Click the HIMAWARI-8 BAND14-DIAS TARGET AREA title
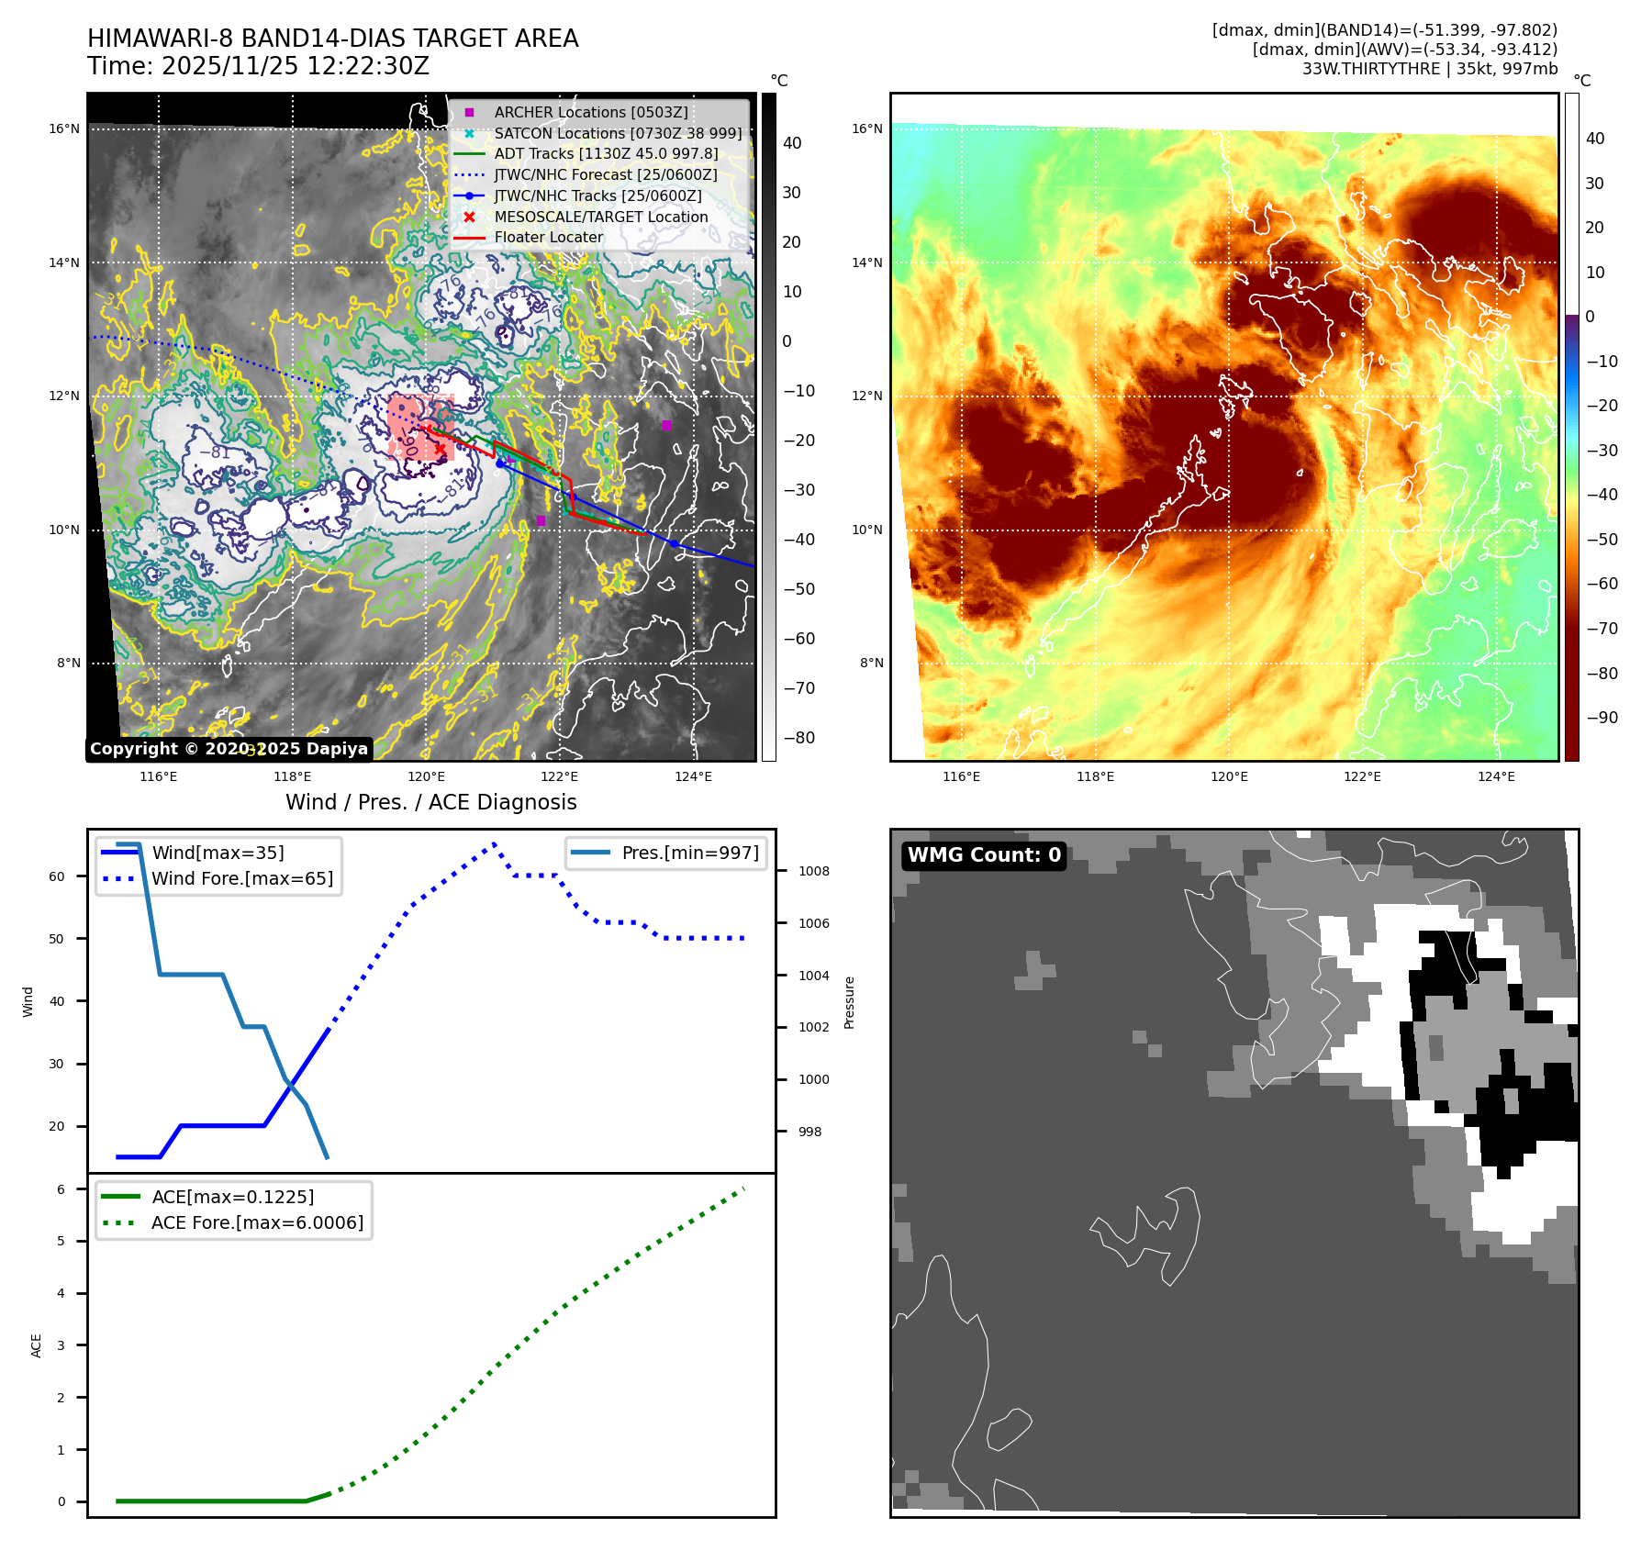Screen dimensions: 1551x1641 [x=332, y=39]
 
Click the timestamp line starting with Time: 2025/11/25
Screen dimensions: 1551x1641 [x=258, y=66]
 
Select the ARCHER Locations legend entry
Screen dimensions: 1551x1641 [x=590, y=112]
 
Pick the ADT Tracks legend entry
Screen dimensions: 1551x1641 [x=606, y=153]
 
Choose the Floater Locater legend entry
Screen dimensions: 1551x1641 [x=548, y=237]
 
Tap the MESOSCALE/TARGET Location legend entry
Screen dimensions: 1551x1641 [x=600, y=217]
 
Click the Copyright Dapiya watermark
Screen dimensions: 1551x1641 [x=229, y=749]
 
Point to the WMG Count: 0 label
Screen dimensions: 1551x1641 [x=983, y=855]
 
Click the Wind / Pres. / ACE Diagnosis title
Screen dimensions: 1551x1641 [x=430, y=802]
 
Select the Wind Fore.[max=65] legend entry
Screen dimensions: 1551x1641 [x=242, y=878]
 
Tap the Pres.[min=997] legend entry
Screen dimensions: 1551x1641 [x=689, y=853]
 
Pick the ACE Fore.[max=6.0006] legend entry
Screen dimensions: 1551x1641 [x=257, y=1222]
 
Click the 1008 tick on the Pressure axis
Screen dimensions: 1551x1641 [x=813, y=871]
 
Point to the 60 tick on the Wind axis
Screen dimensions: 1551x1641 [x=57, y=876]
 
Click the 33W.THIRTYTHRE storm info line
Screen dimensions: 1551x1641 [x=1429, y=69]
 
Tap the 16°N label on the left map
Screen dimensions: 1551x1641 [x=64, y=128]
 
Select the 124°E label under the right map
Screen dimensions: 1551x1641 [x=1495, y=776]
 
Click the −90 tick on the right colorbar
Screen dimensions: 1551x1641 [x=1602, y=718]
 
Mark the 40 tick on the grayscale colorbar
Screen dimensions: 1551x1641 [x=791, y=143]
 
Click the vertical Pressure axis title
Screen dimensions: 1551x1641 [x=849, y=1002]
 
